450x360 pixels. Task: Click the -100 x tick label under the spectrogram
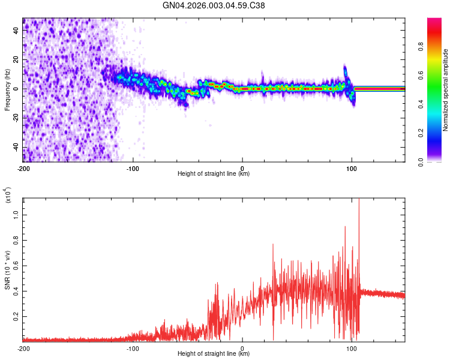pos(133,169)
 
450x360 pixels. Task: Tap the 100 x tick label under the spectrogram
pos(352,169)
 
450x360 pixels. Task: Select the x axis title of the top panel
pos(214,174)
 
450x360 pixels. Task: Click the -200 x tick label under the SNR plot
pos(23,349)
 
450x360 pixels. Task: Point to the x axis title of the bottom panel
pos(214,354)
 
